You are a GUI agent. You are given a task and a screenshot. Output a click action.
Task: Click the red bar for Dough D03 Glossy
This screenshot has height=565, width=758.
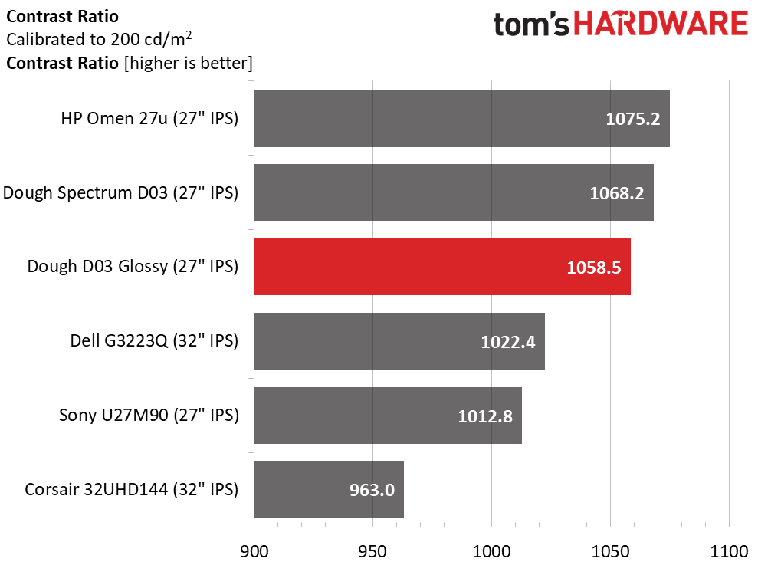coord(442,267)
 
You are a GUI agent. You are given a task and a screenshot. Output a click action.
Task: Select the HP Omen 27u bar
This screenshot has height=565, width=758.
coord(462,119)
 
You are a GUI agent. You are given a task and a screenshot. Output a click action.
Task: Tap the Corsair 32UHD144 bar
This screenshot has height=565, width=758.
coord(330,489)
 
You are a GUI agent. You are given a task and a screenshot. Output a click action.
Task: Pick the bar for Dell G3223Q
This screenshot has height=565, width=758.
coord(400,341)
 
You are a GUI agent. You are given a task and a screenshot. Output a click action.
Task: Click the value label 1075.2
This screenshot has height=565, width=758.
coord(633,119)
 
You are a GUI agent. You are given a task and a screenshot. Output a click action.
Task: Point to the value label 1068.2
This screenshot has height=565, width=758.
coord(617,193)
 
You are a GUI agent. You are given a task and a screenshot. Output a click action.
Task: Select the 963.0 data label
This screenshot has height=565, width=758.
coord(372,490)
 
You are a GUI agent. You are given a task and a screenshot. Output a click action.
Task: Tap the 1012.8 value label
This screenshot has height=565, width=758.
coord(485,416)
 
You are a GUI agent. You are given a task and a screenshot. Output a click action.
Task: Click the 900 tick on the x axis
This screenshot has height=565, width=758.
coord(254,551)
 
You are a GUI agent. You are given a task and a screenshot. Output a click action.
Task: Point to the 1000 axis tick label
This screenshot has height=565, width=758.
coord(491,551)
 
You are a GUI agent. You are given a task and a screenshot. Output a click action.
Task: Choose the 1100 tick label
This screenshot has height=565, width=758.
coord(729,551)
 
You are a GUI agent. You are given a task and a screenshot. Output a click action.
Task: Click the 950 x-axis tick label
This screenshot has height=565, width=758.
coord(372,551)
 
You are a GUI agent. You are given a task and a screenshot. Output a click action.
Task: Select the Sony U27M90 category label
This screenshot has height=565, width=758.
coord(149,415)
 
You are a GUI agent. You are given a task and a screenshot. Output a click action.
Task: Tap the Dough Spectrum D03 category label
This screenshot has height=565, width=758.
coord(121,192)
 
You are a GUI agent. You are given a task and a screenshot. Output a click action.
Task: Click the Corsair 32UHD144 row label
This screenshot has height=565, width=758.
coord(132,490)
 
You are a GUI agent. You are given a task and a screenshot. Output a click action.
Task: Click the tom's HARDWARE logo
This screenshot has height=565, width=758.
coord(621,25)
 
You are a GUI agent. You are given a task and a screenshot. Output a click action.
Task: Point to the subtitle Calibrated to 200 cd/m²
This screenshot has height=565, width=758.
coord(99,39)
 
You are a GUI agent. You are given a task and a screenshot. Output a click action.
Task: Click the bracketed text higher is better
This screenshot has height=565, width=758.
coord(189,64)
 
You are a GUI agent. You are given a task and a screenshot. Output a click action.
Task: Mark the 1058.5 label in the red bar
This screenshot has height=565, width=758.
coord(594,268)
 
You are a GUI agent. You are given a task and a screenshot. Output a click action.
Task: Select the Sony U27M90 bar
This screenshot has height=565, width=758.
coord(388,415)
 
